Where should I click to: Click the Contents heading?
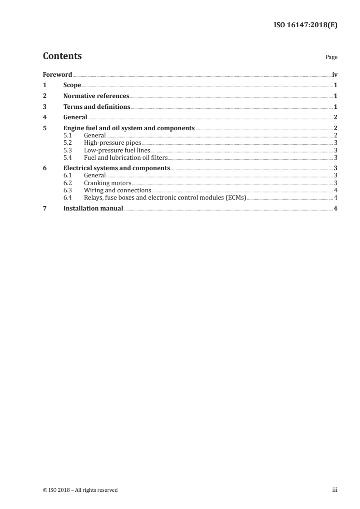coord(62,56)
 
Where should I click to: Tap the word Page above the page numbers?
coord(331,58)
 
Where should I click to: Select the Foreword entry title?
coord(57,74)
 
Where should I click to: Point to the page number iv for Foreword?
coord(335,74)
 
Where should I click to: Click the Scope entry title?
coord(72,85)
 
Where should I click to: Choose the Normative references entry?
coord(96,96)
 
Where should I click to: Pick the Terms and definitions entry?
coord(97,107)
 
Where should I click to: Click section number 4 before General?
coord(44,117)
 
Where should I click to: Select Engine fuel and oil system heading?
coord(129,128)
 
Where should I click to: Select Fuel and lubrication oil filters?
coord(126,157)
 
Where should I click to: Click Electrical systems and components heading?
coord(117,168)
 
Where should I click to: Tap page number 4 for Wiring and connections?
coord(335,190)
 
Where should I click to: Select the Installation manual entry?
coord(93,208)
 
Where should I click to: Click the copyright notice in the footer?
coord(80,490)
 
